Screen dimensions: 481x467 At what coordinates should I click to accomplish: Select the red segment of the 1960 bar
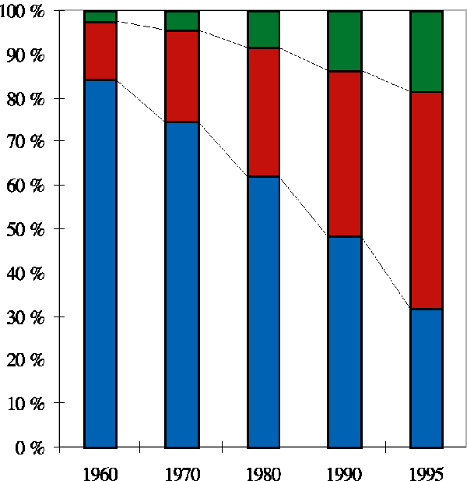pos(100,51)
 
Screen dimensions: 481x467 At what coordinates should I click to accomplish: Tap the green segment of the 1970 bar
pos(181,21)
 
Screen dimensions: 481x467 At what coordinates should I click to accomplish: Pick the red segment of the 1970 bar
pos(181,76)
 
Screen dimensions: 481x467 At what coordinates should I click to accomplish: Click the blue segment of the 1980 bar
pos(263,312)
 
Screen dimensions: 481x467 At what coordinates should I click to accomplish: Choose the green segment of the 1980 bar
pos(263,30)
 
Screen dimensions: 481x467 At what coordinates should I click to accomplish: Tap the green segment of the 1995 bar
pos(427,51)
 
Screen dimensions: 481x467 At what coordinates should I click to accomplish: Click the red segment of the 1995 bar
pos(427,200)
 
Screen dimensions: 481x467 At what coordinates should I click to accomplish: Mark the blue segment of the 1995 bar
pos(427,378)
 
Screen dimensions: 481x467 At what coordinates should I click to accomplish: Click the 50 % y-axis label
pos(28,230)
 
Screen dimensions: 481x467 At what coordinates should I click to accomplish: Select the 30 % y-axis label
pos(28,317)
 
